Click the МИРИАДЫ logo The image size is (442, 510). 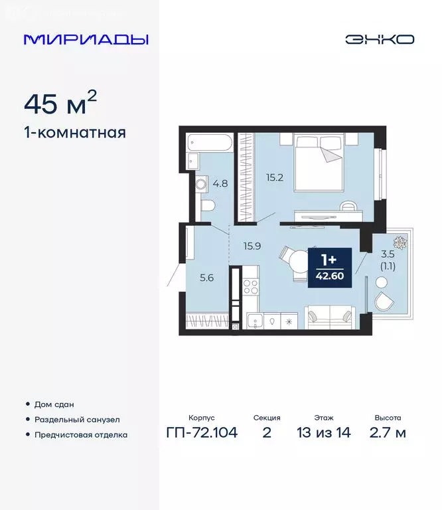coord(86,39)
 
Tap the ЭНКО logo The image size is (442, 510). coord(379,39)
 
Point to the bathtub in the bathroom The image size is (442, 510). coord(209,142)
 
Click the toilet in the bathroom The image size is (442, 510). coord(206,205)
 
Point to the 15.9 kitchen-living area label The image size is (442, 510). coord(252,246)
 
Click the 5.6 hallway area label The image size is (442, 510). coord(206,278)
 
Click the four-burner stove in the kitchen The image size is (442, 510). coord(251,287)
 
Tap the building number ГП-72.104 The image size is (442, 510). coord(202,433)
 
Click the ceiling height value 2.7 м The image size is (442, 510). coord(388,433)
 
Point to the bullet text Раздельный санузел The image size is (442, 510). coord(78,420)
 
